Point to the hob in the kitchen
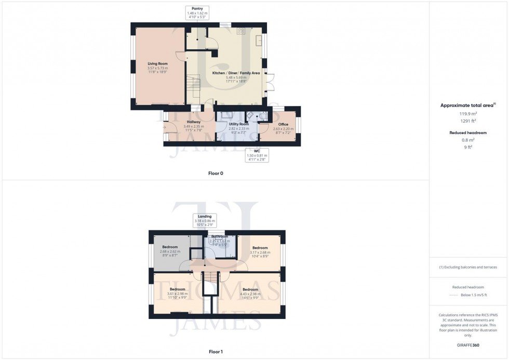(241, 31)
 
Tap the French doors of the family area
(269, 83)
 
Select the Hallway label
(193, 124)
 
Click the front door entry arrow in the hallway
(165, 126)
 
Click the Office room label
(283, 127)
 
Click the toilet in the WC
(250, 116)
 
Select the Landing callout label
(205, 219)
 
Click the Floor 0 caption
(216, 173)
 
